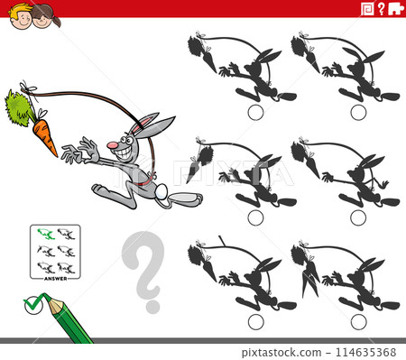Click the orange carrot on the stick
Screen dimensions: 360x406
tap(43, 135)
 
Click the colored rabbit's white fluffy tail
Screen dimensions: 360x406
tap(161, 191)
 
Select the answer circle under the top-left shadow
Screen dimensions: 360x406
tap(255, 112)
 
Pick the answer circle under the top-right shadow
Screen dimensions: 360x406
tap(358, 112)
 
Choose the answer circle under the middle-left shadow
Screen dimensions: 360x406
tap(255, 217)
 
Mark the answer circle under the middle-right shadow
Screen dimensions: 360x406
tap(358, 217)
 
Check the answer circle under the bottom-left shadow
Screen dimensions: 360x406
tap(255, 321)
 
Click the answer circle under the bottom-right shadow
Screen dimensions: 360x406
tap(358, 321)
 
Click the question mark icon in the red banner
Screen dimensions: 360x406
tap(381, 9)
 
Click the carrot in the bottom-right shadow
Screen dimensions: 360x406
tap(309, 280)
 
